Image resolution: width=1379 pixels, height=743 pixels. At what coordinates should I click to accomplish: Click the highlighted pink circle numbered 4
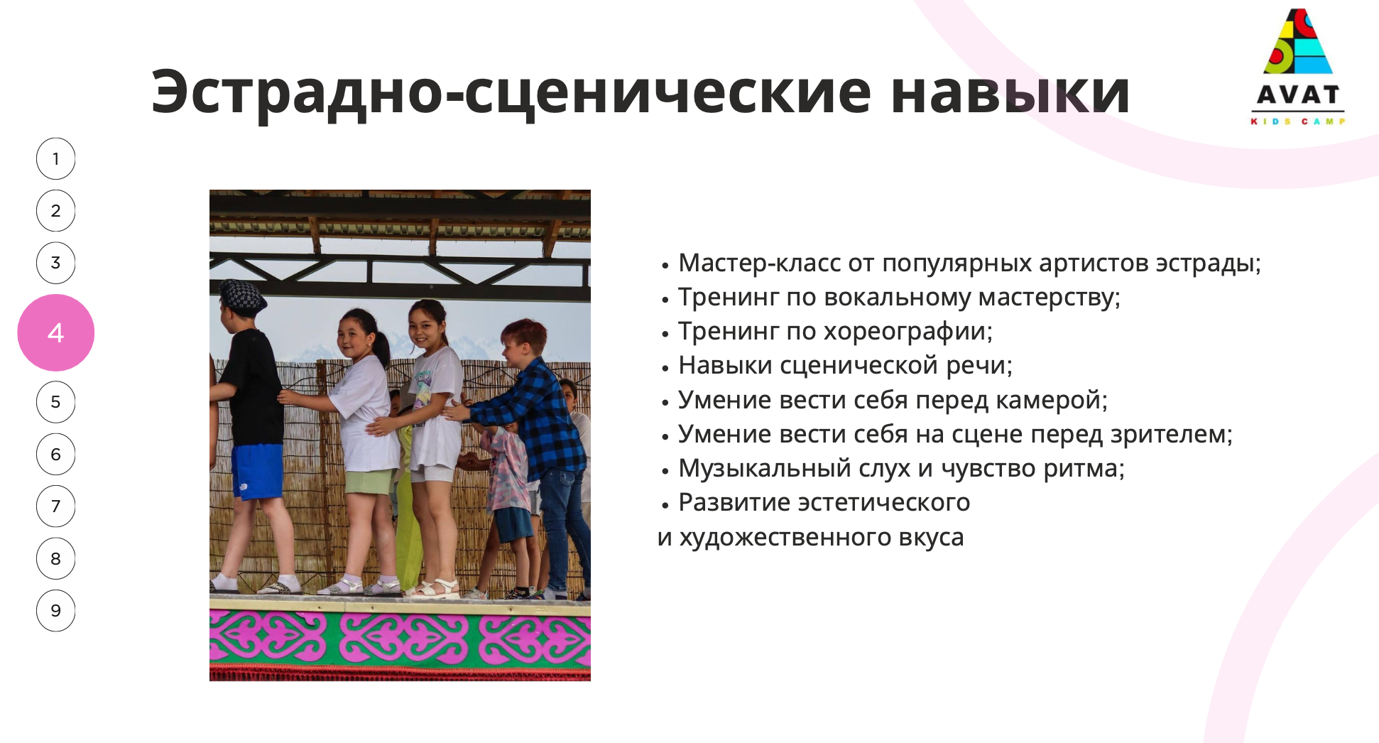pos(55,332)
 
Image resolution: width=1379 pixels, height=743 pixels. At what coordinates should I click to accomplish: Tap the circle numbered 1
pos(55,158)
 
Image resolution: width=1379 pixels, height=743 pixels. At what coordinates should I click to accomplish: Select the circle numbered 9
pos(55,610)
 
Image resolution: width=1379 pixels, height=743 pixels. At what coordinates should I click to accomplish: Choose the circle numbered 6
pos(55,454)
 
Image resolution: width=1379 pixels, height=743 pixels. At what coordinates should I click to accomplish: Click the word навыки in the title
pos(1010,92)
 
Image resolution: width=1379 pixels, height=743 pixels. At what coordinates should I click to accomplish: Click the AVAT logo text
pos(1298,94)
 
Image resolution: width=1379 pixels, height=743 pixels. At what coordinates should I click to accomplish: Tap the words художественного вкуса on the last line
pos(822,538)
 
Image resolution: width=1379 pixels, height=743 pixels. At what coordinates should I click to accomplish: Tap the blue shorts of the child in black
pos(256,471)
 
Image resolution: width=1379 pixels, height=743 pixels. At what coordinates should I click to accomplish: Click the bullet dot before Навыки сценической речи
pos(665,368)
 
